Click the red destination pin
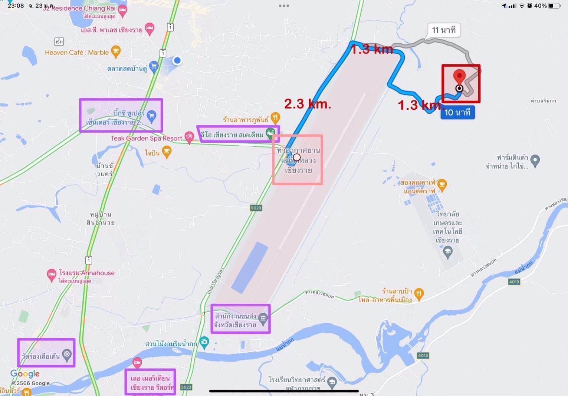[x=459, y=77]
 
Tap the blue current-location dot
[x=177, y=60]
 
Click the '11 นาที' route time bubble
[x=444, y=30]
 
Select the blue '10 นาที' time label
[x=457, y=113]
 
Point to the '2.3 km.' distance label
[x=308, y=104]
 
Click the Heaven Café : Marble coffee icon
[x=116, y=51]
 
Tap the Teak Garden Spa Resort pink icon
[x=189, y=137]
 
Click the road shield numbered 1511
[x=59, y=41]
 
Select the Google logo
[x=25, y=373]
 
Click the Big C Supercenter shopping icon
[x=151, y=116]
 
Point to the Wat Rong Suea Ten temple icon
[x=67, y=354]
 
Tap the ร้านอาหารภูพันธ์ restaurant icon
[x=275, y=118]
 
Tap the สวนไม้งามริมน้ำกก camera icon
[x=204, y=342]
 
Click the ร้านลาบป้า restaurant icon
[x=419, y=294]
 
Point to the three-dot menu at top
[x=284, y=6]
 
